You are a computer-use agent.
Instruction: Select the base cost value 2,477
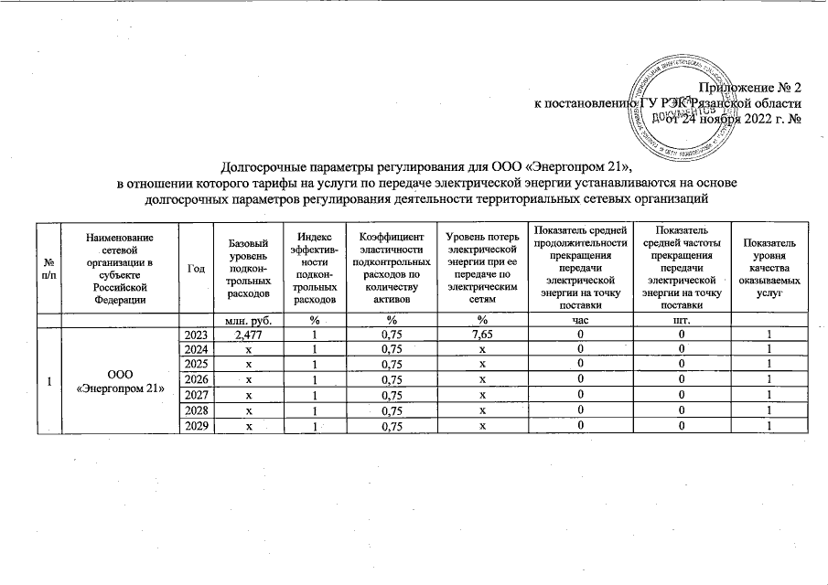pyautogui.click(x=248, y=335)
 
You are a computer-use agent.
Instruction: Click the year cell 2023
pyautogui.click(x=197, y=335)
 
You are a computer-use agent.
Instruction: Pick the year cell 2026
pyautogui.click(x=197, y=379)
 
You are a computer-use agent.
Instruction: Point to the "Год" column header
pyautogui.click(x=197, y=270)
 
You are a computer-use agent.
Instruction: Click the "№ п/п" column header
pyautogui.click(x=47, y=270)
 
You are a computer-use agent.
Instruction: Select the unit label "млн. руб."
pyautogui.click(x=248, y=320)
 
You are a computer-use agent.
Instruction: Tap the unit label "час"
pyautogui.click(x=581, y=320)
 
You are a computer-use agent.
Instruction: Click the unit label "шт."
pyautogui.click(x=680, y=320)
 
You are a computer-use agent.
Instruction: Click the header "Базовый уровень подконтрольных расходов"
pyautogui.click(x=248, y=270)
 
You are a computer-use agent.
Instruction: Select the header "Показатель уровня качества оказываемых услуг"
pyautogui.click(x=769, y=270)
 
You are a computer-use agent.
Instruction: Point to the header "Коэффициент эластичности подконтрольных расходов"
pyautogui.click(x=391, y=270)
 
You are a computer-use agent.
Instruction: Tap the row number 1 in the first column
pyautogui.click(x=47, y=379)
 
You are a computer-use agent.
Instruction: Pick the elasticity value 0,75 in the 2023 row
pyautogui.click(x=391, y=335)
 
